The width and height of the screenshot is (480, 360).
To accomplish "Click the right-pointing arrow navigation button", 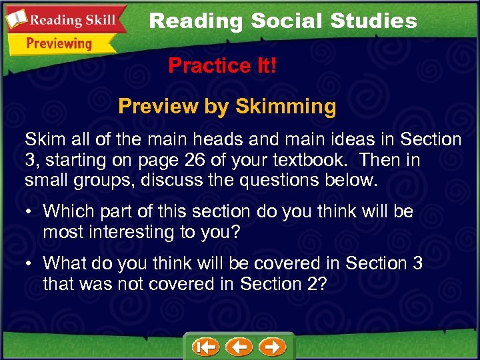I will point(272,347).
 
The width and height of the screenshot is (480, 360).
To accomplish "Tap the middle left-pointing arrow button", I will point(239,347).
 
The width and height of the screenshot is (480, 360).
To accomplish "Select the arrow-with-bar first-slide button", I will point(205,347).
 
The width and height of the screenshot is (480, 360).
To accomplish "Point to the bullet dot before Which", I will point(31,213).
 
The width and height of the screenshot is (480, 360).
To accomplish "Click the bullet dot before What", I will point(31,264).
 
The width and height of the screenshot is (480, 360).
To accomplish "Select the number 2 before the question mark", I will point(312,283).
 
